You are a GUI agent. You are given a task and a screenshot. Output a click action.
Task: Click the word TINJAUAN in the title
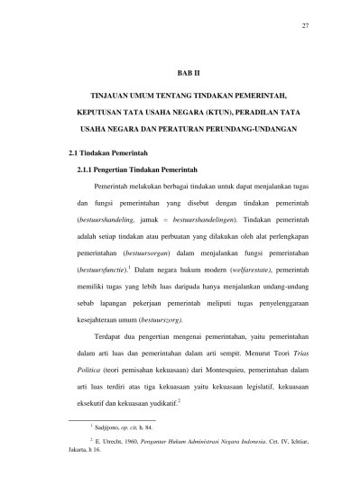(x=119, y=95)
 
